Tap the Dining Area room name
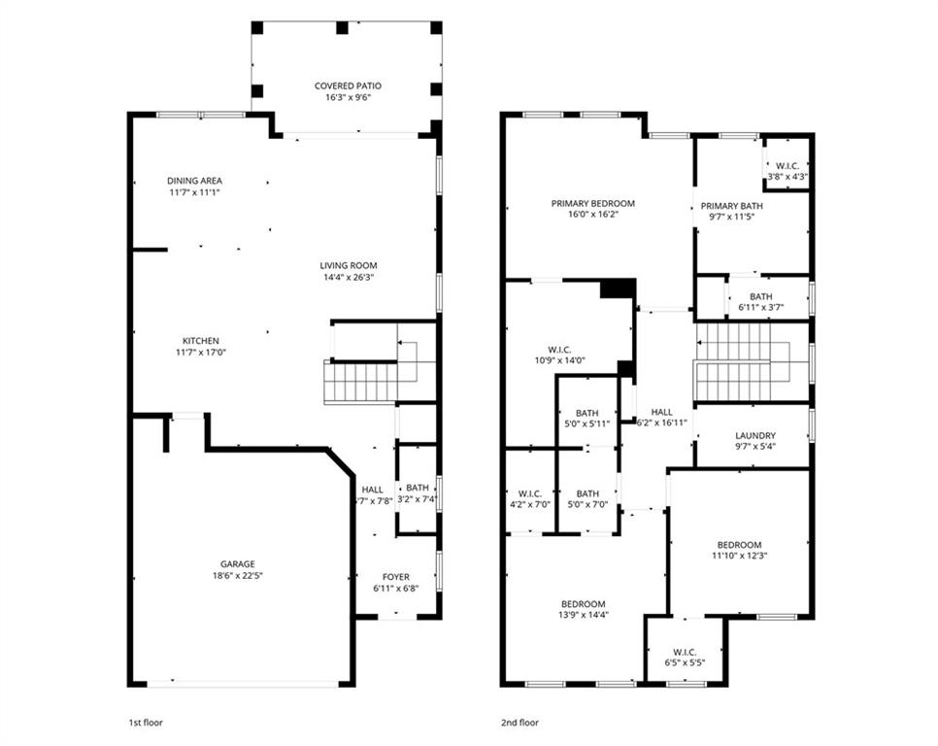[x=194, y=181]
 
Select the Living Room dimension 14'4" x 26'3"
[x=349, y=277]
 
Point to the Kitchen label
[x=194, y=341]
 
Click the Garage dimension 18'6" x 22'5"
[x=237, y=575]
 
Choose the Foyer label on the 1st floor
[x=395, y=577]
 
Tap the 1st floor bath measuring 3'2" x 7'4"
[x=418, y=493]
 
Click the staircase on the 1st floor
[x=360, y=382]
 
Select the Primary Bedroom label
[x=592, y=204]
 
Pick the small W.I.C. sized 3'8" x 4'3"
[x=787, y=171]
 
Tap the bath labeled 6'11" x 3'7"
[x=760, y=302]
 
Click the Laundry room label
[x=754, y=436]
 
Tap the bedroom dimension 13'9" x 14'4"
[x=583, y=615]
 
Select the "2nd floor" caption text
[x=519, y=723]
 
